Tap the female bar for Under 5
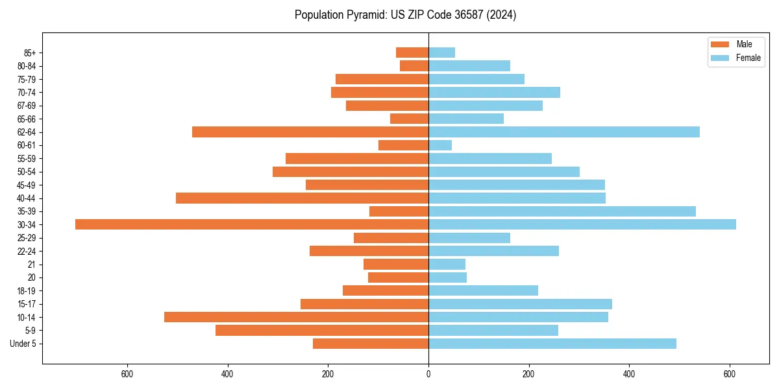click(552, 344)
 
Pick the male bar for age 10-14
click(296, 317)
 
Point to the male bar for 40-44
click(302, 198)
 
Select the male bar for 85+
click(412, 53)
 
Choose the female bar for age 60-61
click(440, 145)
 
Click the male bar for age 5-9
click(322, 330)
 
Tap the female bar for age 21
click(447, 265)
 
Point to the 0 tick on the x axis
click(428, 373)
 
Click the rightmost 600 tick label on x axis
click(730, 373)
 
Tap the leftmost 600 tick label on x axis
click(127, 373)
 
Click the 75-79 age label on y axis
click(27, 79)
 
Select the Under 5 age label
click(23, 344)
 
